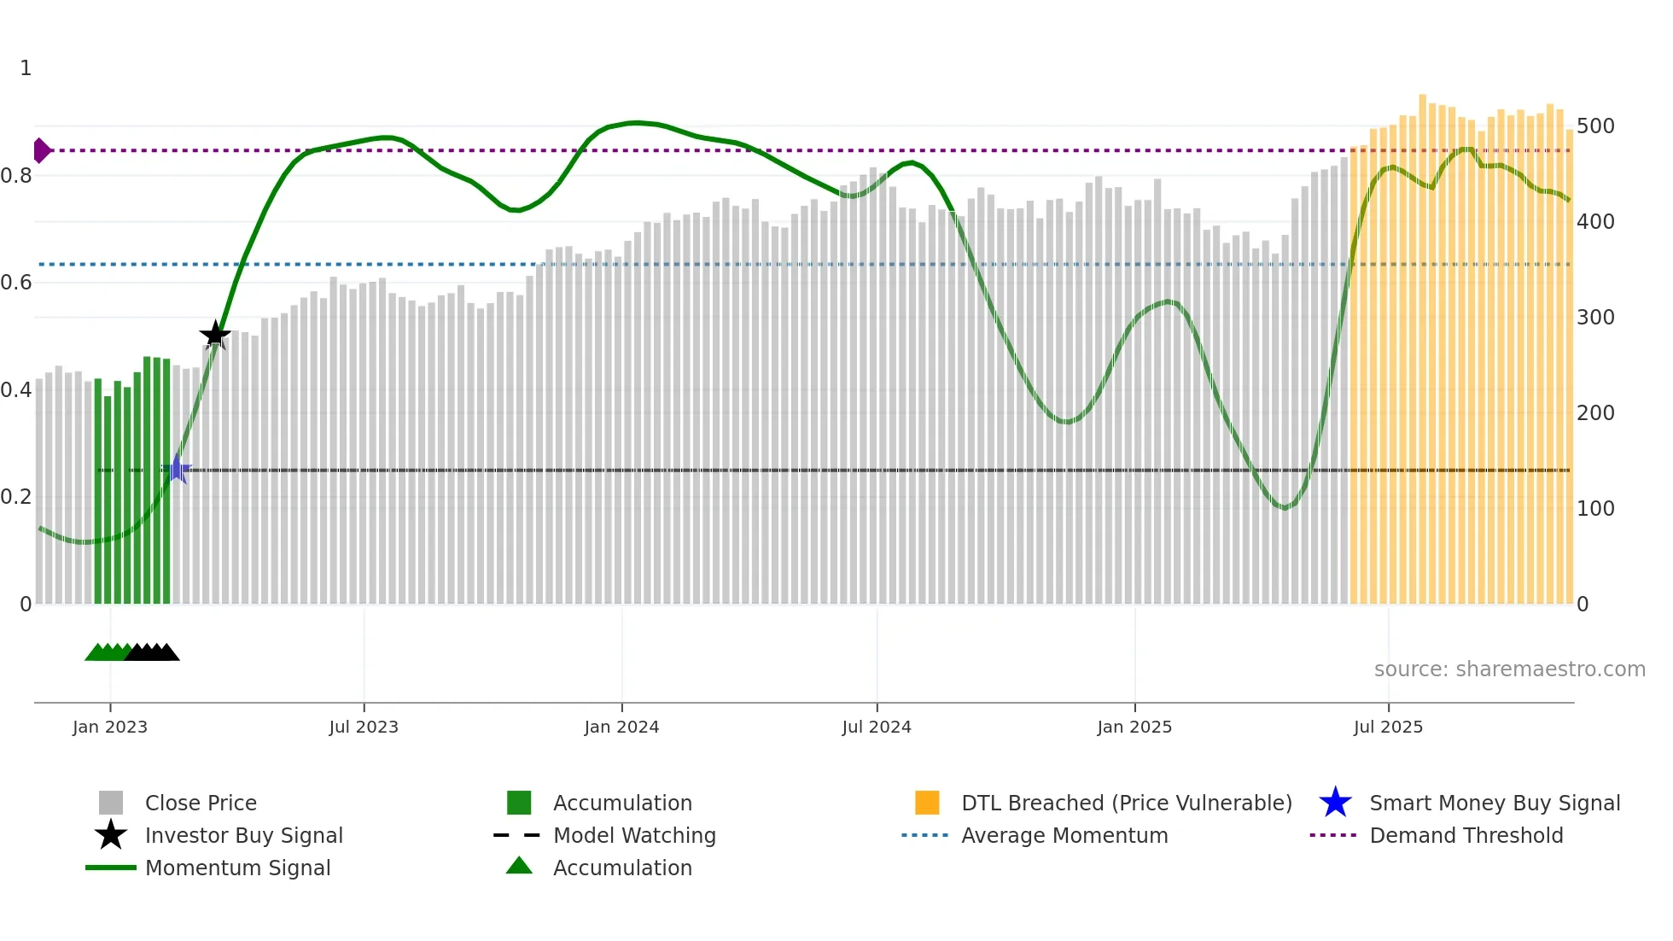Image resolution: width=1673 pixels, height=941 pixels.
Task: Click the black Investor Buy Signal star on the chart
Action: [x=215, y=335]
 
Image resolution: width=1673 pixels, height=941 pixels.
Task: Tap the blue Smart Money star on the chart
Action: [x=177, y=469]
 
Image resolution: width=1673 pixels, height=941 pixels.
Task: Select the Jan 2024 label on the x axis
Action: [x=621, y=727]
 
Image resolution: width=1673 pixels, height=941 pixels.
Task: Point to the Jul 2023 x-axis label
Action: [x=364, y=727]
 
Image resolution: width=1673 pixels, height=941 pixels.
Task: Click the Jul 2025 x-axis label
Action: [x=1388, y=727]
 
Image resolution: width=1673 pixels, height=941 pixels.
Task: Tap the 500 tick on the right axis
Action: [x=1595, y=126]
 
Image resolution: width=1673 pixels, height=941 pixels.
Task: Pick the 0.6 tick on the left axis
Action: [x=17, y=283]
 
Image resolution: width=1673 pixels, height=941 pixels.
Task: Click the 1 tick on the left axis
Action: [x=26, y=68]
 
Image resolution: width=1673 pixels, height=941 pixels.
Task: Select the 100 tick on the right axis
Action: [x=1595, y=509]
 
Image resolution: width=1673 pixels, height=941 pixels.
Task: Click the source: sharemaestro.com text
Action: [x=1509, y=669]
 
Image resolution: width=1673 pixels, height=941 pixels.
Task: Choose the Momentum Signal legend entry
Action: [x=237, y=868]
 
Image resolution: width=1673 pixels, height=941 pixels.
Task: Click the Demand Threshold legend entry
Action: [x=1466, y=835]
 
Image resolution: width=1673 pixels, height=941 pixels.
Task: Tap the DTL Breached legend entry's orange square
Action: [x=927, y=803]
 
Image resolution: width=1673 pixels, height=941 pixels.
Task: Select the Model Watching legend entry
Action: [x=634, y=835]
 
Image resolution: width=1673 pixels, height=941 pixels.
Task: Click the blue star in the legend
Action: [x=1335, y=803]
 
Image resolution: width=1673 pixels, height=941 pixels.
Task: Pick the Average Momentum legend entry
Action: [x=1064, y=835]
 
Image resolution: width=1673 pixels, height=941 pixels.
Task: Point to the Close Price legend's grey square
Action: [x=111, y=803]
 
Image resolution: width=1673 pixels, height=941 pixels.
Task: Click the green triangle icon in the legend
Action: [x=519, y=866]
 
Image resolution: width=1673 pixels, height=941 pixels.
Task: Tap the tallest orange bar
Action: [x=1422, y=342]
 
